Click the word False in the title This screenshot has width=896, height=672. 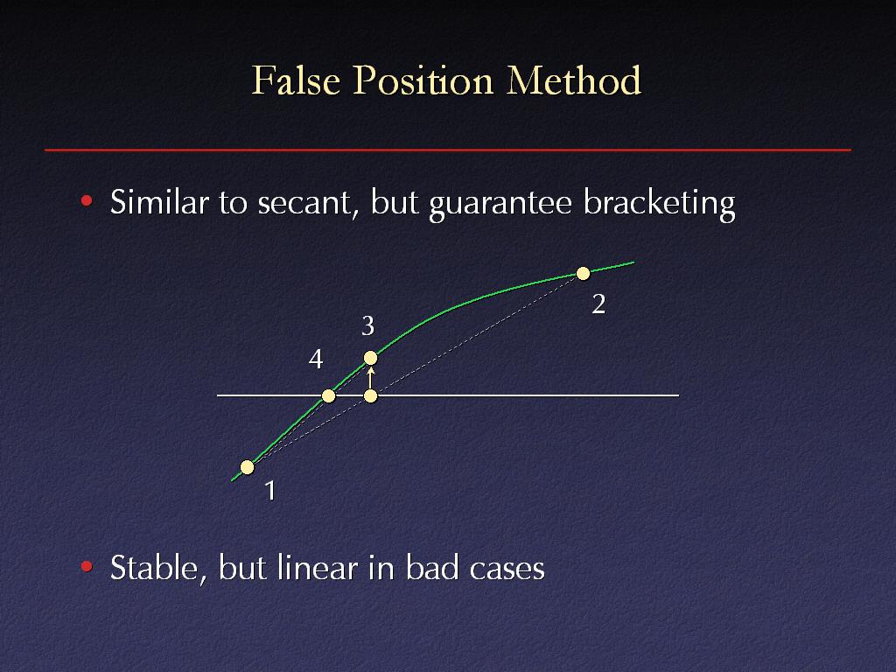[296, 80]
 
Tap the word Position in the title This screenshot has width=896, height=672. [423, 80]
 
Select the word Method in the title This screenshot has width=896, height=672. [574, 80]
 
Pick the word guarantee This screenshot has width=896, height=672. [500, 205]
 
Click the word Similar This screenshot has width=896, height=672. [159, 202]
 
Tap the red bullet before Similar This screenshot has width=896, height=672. [87, 200]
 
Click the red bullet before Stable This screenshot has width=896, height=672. [87, 566]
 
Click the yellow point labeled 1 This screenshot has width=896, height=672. [247, 467]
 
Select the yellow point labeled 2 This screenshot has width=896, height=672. [583, 274]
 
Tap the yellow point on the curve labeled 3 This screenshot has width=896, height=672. [370, 358]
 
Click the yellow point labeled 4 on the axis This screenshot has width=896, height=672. [329, 395]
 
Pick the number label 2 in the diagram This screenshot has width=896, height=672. [598, 304]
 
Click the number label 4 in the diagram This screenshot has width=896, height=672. [316, 360]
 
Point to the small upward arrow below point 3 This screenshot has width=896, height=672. [370, 378]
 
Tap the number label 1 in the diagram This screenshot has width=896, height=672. [271, 491]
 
